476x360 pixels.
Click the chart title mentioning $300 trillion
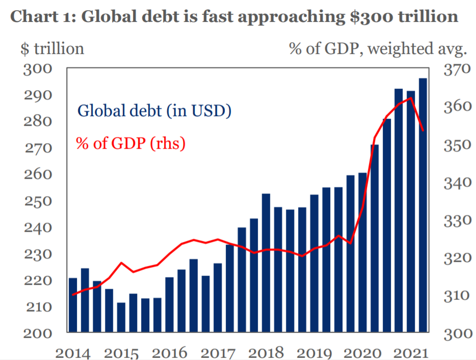tap(234, 17)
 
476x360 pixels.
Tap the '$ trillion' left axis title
tap(52, 49)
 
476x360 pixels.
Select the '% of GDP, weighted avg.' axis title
tap(378, 49)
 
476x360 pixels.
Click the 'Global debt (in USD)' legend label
tap(154, 110)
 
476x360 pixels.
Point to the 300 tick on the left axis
tap(38, 69)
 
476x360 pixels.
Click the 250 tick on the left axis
tap(38, 201)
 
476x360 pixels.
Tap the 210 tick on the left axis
tap(38, 307)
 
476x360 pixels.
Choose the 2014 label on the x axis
tap(73, 352)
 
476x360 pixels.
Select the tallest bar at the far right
tap(423, 204)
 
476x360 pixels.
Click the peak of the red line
tap(411, 98)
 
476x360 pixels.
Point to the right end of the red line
tap(423, 130)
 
